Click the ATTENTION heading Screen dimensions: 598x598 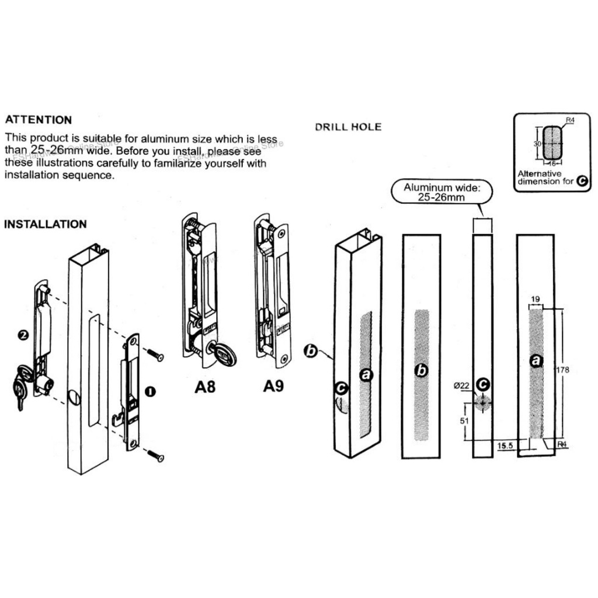tap(39, 120)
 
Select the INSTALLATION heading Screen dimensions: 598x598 tap(46, 224)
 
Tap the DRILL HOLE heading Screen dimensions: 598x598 tap(348, 127)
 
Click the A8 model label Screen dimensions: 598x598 tap(205, 387)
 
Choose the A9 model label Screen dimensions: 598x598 tap(273, 387)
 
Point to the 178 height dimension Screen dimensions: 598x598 tap(564, 370)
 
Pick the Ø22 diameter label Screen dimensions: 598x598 tap(462, 384)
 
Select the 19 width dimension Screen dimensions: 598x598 tap(534, 299)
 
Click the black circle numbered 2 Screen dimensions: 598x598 tap(23, 335)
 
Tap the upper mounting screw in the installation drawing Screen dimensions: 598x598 tap(155, 354)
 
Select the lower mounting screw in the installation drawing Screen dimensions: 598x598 tap(155, 455)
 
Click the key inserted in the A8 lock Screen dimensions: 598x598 tap(222, 354)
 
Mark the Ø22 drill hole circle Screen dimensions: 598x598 tap(482, 404)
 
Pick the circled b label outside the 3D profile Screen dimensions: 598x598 tap(311, 351)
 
